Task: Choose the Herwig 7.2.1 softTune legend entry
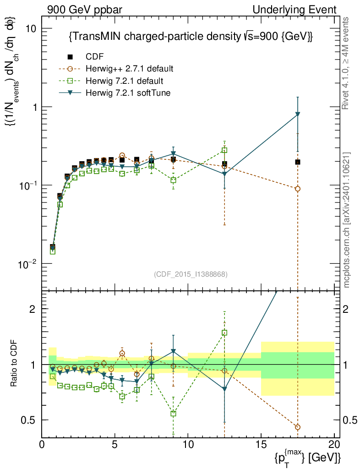[x=126, y=93]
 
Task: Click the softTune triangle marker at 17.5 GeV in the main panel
[x=298, y=114]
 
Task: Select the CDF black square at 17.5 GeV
[x=298, y=162]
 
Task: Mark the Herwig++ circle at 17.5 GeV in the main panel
[x=298, y=189]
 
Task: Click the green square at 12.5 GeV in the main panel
[x=224, y=150]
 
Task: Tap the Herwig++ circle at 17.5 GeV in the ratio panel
[x=298, y=427]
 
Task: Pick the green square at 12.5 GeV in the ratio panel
[x=224, y=333]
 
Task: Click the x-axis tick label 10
[x=188, y=445]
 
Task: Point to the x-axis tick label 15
[x=261, y=445]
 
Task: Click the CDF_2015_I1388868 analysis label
[x=190, y=274]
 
